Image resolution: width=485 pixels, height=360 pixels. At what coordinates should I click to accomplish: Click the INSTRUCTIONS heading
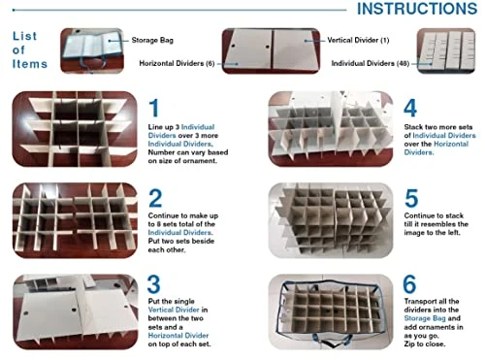(x=417, y=10)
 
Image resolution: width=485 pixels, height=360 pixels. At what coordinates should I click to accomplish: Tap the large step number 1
(x=155, y=109)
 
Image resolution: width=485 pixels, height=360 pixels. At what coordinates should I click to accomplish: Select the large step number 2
(x=156, y=199)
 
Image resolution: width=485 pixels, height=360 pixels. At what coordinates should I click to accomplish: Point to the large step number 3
(x=156, y=289)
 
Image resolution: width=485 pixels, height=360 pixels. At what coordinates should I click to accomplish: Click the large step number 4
(x=409, y=109)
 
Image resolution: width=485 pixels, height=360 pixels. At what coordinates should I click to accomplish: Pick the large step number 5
(x=409, y=199)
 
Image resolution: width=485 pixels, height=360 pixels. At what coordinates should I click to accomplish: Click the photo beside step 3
(x=74, y=312)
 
